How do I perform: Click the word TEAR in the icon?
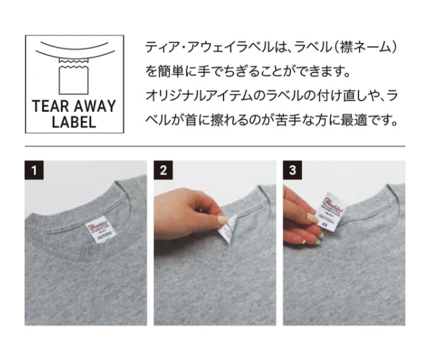click(x=49, y=107)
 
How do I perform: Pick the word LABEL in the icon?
click(x=74, y=123)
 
